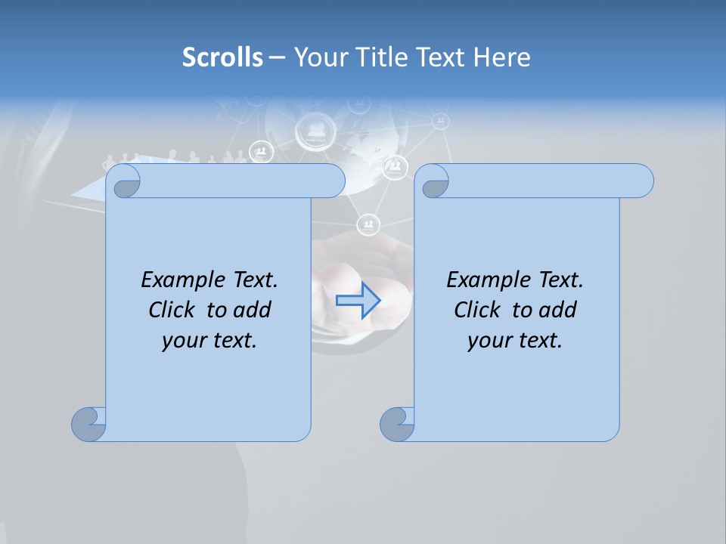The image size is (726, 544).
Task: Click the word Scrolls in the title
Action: click(x=223, y=57)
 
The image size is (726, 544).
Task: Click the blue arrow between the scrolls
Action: click(x=358, y=301)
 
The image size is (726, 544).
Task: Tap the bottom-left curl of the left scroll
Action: click(x=89, y=424)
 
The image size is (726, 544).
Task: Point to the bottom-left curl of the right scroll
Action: click(x=397, y=424)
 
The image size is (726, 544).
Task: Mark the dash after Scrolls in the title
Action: click(x=277, y=57)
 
